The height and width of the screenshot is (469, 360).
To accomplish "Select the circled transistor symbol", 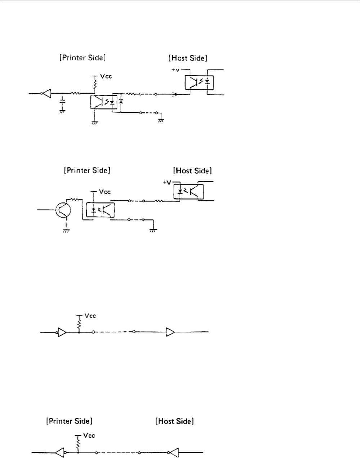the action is [x=63, y=209].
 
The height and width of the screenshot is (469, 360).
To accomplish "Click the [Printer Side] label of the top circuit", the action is [x=83, y=58].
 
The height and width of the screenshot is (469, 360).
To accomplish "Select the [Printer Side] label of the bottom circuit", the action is [x=70, y=421].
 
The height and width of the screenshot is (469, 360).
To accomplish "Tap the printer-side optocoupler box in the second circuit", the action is [x=100, y=209].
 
